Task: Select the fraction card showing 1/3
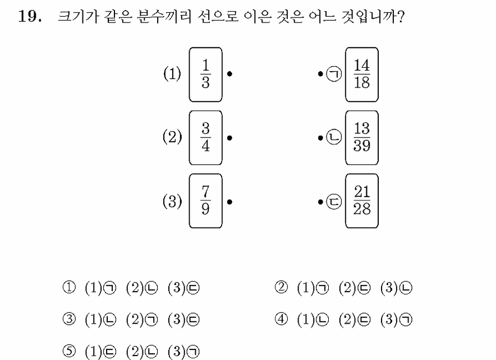(205, 75)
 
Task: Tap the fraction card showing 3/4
(205, 138)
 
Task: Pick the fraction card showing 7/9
(205, 201)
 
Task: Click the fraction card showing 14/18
(362, 75)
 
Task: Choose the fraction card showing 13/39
(362, 138)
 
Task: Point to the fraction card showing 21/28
(362, 201)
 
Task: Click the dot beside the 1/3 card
(229, 74)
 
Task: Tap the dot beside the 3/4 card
(229, 138)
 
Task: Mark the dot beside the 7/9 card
(229, 202)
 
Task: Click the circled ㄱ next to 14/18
(334, 74)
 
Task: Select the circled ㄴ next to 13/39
(334, 137)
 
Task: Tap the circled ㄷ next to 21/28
(334, 201)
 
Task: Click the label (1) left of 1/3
(172, 74)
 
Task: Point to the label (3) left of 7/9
(172, 201)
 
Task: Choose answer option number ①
(69, 287)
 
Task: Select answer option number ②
(281, 287)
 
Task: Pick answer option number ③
(69, 319)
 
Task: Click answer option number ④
(281, 319)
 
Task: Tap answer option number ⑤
(69, 351)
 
